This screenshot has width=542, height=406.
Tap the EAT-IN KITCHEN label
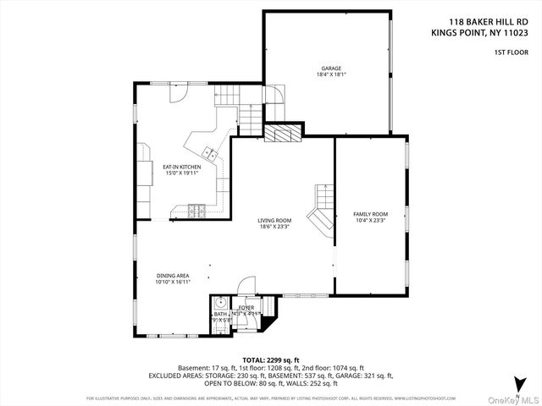[x=181, y=167]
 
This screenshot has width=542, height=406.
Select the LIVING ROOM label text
[x=274, y=221]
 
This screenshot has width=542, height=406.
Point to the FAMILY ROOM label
[x=370, y=214]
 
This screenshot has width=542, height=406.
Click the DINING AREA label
[x=173, y=276]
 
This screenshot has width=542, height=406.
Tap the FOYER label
[x=246, y=308]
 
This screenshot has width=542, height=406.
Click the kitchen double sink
[x=208, y=152]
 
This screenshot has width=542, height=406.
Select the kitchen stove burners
[x=196, y=210]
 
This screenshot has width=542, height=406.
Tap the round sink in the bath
[x=220, y=302]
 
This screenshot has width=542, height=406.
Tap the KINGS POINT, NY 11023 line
[x=481, y=35]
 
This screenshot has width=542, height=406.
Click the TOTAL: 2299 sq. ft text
[x=271, y=359]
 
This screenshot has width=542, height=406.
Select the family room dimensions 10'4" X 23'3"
[x=370, y=220]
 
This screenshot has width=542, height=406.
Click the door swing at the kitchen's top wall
[x=178, y=93]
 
